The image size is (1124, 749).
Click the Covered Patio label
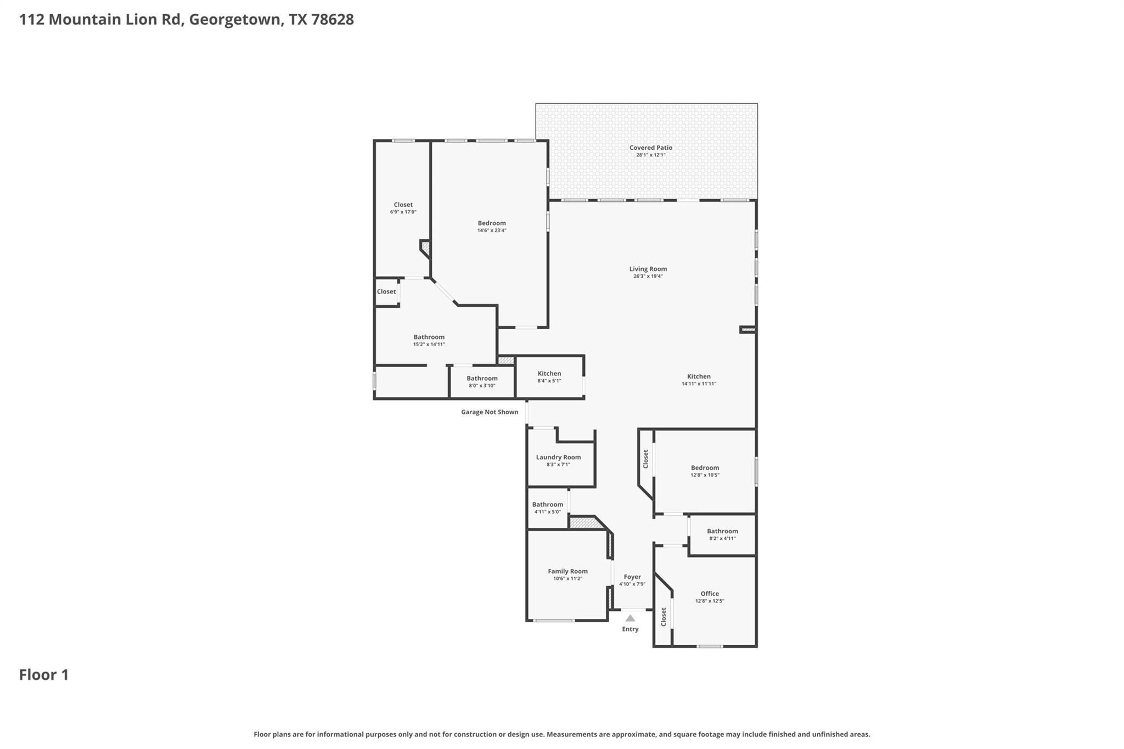point(650,148)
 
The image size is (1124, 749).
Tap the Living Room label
point(648,269)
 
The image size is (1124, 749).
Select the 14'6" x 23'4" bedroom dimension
point(491,230)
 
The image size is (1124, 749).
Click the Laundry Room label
point(558,457)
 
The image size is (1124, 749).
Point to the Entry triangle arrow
point(630,618)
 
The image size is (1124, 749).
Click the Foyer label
point(632,577)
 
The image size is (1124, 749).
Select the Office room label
point(709,594)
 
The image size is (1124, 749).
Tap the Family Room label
point(567,571)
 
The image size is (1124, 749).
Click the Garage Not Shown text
point(489,412)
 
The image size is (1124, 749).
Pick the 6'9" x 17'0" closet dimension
point(403,212)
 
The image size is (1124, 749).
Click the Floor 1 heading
point(44,675)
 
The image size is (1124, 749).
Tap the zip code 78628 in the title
point(332,20)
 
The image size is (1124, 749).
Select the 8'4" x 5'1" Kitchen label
point(549,374)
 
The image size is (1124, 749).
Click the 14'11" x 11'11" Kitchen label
point(699,376)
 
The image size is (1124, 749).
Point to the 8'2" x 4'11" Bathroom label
point(722,531)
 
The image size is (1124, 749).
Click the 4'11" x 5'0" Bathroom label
point(547,505)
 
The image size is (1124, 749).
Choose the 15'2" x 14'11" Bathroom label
point(429,337)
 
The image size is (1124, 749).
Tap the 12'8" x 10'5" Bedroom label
point(705,468)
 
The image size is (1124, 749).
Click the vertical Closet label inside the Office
point(664,617)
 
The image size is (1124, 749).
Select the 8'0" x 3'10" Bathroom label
point(482,379)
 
